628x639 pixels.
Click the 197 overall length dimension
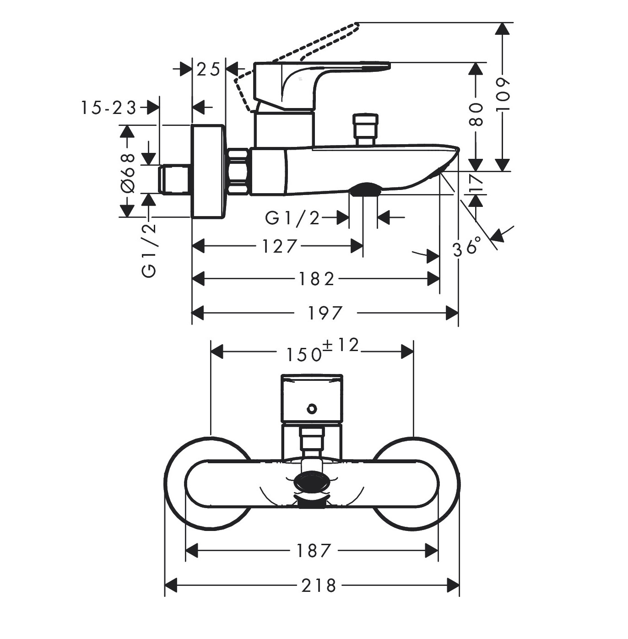coord(325,314)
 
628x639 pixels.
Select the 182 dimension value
coord(316,279)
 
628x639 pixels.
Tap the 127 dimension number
coord(279,247)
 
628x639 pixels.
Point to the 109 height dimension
coord(503,94)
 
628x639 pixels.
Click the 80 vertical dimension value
coord(476,114)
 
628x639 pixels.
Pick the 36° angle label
coord(467,247)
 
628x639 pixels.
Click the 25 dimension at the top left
coord(208,70)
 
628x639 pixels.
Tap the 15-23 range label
coord(109,108)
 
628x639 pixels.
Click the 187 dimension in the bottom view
coord(313,551)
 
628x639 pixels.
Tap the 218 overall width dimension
coord(319,585)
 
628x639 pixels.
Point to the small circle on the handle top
coord(312,408)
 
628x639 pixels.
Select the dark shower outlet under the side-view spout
coord(364,189)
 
